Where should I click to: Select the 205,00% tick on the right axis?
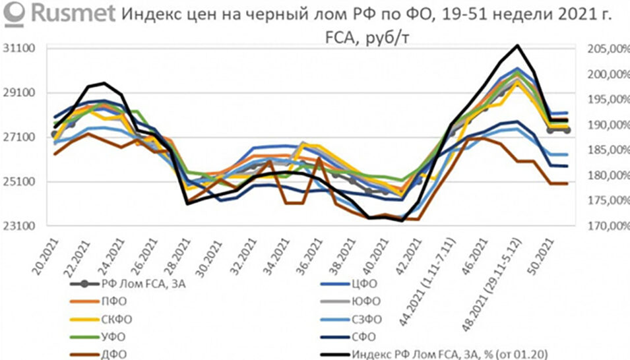click(601, 49)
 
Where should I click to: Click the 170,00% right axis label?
click(601, 226)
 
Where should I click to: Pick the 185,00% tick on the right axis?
click(601, 150)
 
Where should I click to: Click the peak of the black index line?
click(519, 45)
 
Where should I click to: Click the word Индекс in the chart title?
click(154, 14)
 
